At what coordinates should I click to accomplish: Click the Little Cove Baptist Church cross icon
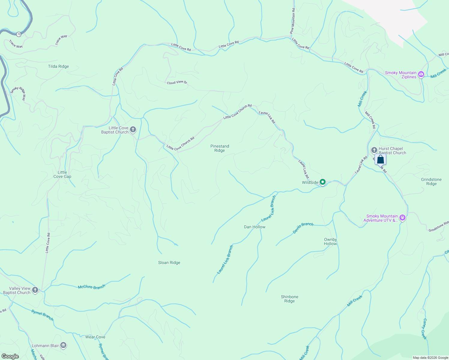[133, 130]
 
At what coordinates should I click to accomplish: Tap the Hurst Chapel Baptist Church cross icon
[374, 150]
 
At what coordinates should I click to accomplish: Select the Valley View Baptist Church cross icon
[35, 290]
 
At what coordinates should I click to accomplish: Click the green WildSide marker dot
[322, 182]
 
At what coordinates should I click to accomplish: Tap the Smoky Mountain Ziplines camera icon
[421, 74]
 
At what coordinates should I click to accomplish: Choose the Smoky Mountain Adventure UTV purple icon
[402, 218]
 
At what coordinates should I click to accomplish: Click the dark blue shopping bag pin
[380, 159]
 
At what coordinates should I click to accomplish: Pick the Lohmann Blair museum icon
[63, 345]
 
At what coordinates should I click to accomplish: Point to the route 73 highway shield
[19, 34]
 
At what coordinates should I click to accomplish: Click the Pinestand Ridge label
[220, 148]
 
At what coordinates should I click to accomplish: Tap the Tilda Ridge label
[59, 67]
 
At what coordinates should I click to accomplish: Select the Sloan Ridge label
[169, 262]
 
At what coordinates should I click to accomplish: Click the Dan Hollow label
[255, 227]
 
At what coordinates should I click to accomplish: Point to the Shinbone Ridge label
[290, 299]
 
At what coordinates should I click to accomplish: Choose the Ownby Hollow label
[330, 241]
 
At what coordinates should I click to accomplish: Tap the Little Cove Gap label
[62, 174]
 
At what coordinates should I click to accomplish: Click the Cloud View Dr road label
[177, 82]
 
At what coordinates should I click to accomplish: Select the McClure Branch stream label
[92, 287]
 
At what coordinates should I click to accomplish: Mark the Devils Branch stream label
[303, 228]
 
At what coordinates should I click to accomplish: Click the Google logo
[10, 356]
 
